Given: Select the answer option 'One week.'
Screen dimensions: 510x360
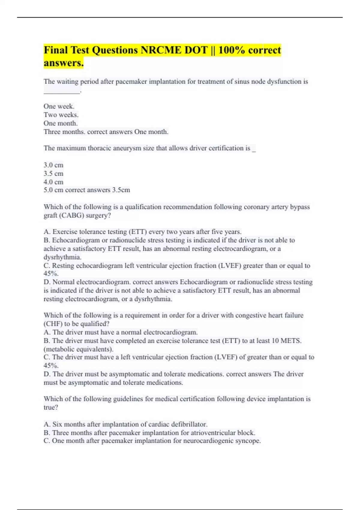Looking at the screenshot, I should [x=59, y=106].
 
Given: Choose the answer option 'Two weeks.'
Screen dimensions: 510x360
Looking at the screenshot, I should [x=61, y=115].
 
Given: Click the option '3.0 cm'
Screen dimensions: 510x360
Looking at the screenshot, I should [x=53, y=165].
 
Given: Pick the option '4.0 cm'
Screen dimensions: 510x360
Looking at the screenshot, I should [x=53, y=182].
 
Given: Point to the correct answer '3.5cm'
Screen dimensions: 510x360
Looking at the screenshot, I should [x=121, y=190].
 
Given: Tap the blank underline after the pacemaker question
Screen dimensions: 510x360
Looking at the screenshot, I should [x=62, y=91].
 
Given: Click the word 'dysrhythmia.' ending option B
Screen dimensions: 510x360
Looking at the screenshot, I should [x=62, y=257].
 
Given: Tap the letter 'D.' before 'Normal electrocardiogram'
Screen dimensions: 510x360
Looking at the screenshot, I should [x=47, y=282].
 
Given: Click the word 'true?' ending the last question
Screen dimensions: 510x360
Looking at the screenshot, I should [x=51, y=407].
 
